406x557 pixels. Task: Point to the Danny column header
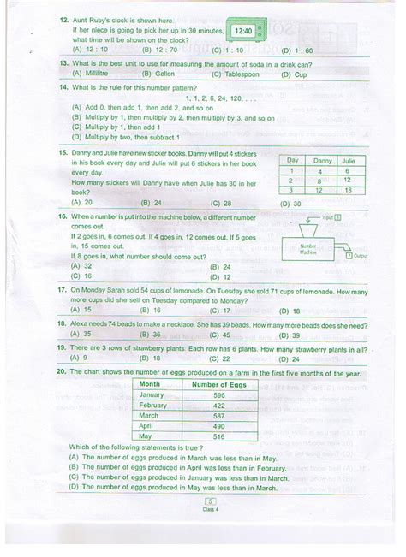(322, 160)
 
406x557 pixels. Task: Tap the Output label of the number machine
(360, 256)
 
